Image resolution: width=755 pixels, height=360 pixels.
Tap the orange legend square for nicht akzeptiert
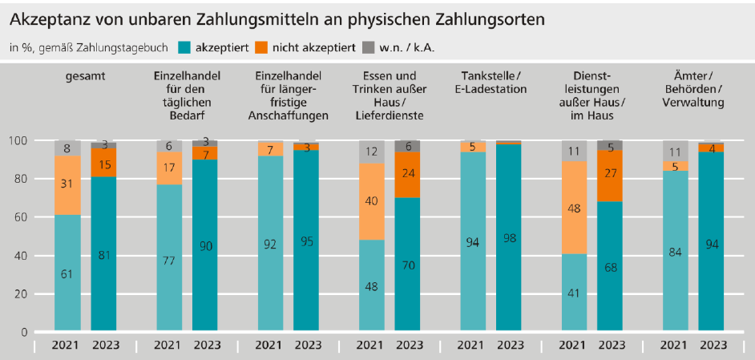point(261,47)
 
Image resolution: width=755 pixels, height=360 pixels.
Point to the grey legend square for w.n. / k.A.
point(369,47)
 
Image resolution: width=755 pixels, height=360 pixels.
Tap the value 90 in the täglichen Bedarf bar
point(204,246)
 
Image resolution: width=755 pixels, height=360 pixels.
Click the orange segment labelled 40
point(371,201)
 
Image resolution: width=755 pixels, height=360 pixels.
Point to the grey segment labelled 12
point(371,152)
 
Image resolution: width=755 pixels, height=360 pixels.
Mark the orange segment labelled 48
point(575,208)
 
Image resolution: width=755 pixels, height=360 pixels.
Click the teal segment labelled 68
point(611,267)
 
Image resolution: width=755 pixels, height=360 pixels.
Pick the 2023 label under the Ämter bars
point(713,345)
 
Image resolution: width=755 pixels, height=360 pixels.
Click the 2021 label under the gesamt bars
point(67,345)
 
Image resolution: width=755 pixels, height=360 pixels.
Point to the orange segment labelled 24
point(407,175)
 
